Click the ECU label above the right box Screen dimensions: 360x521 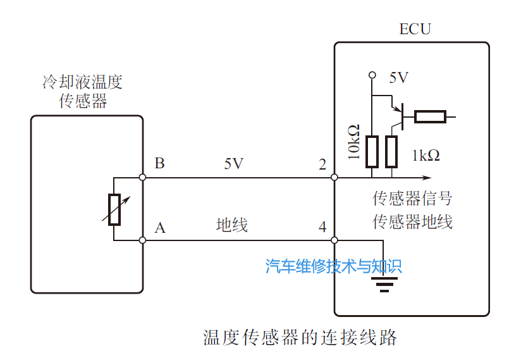click(x=415, y=29)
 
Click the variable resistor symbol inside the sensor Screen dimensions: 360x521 click(x=114, y=209)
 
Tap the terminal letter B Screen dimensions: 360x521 click(x=159, y=164)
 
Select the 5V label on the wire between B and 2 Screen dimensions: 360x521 click(x=233, y=164)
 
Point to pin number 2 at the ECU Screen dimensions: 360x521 click(x=322, y=165)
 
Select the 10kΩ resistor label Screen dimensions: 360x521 click(x=354, y=142)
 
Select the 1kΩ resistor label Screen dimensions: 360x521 click(x=426, y=156)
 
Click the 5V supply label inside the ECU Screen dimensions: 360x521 click(x=398, y=78)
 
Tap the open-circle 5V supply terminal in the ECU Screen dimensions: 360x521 click(x=372, y=75)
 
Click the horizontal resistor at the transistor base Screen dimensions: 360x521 click(x=430, y=116)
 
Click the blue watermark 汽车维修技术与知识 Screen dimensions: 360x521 click(x=334, y=266)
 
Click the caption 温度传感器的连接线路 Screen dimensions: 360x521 click(x=300, y=337)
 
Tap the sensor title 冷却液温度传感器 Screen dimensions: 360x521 click(x=82, y=92)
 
